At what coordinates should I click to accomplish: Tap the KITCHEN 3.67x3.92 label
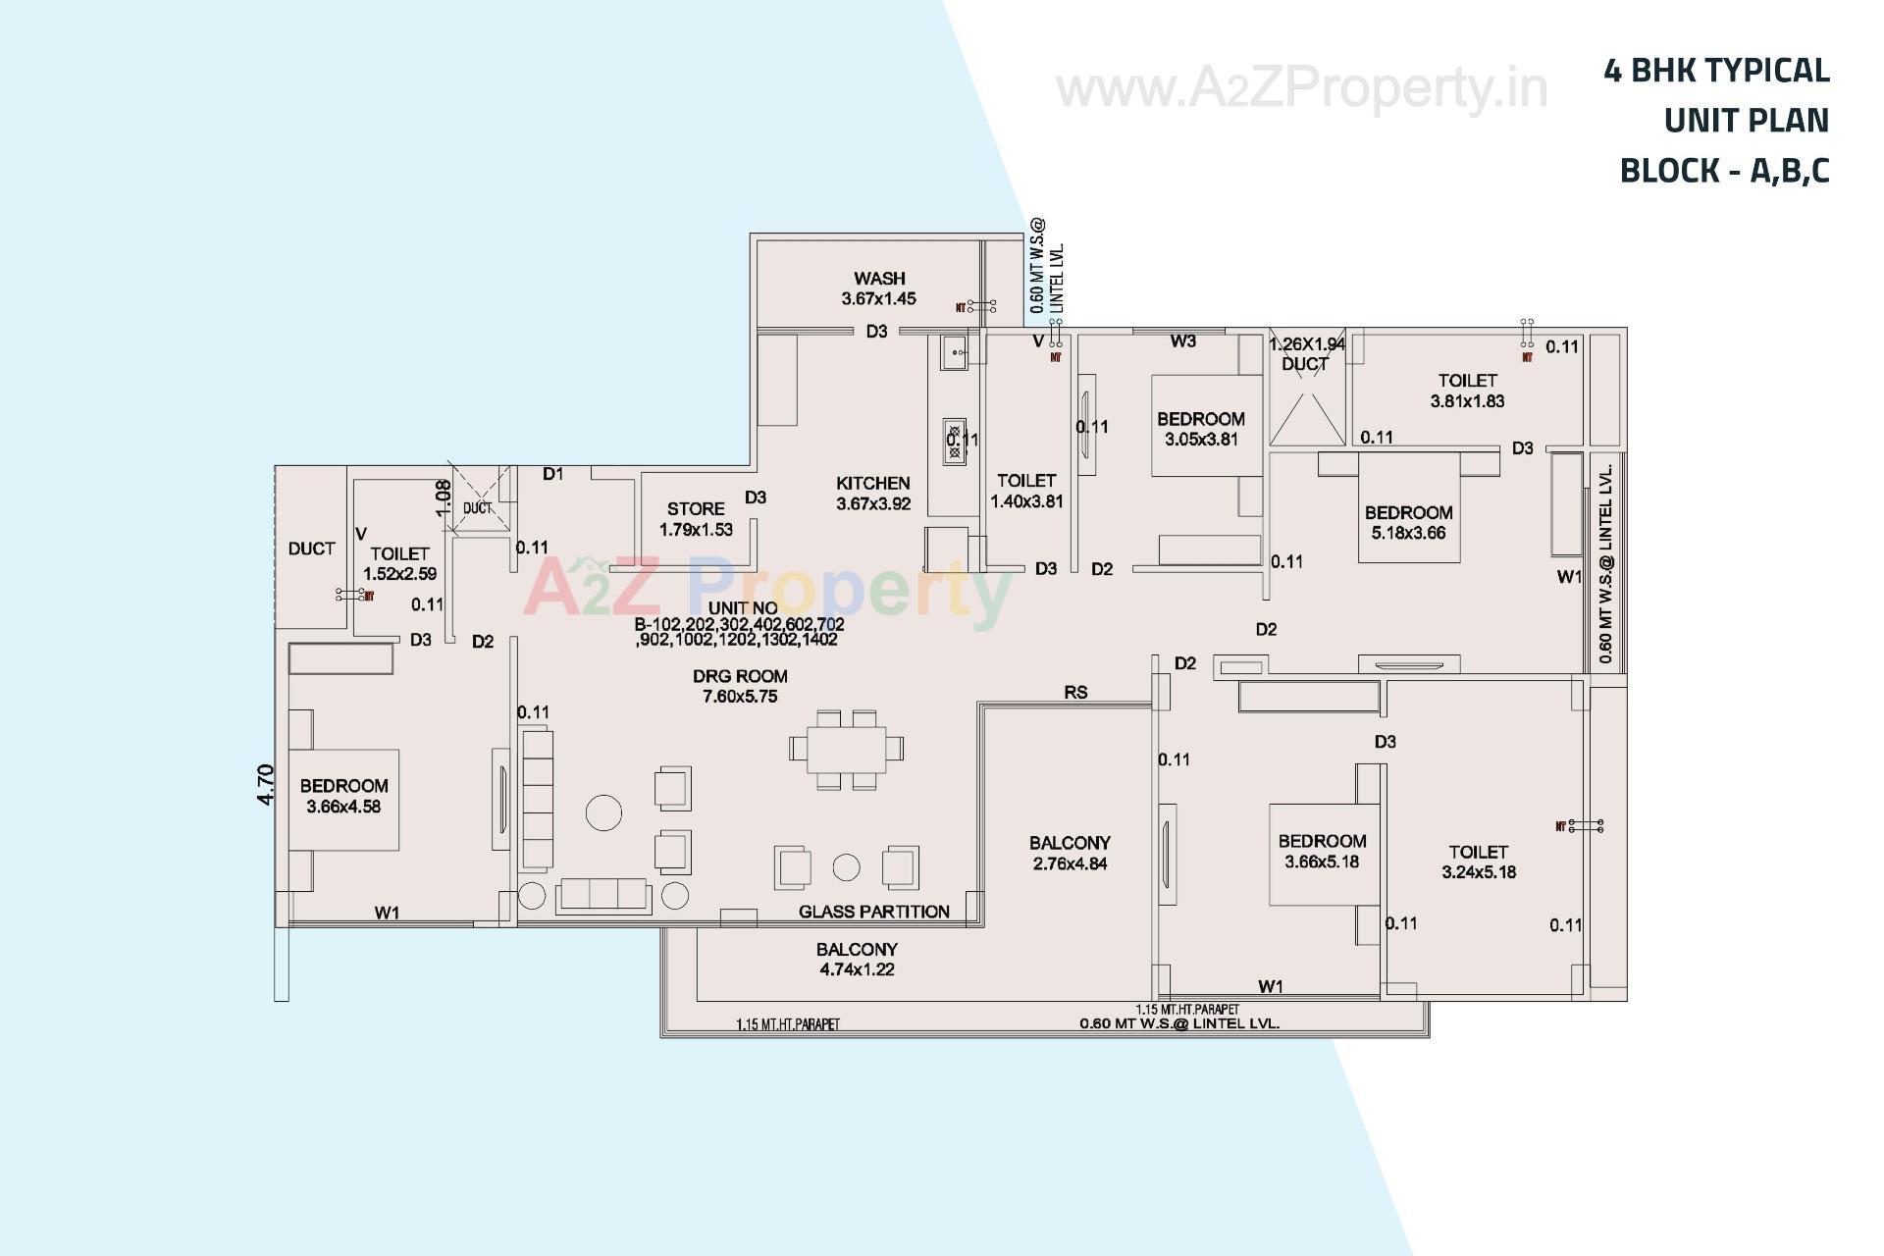872,494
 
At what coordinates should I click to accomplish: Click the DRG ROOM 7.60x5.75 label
740,686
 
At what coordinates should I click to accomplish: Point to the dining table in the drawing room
846,749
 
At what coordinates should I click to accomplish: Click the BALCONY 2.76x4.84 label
1070,853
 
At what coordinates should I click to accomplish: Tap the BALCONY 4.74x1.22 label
857,960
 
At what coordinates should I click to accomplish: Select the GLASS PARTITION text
873,912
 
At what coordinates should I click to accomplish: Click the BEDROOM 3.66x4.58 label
343,796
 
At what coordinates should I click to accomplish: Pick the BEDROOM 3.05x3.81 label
1200,429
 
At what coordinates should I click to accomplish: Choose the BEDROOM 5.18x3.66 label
1408,522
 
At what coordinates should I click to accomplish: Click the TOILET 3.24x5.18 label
1478,862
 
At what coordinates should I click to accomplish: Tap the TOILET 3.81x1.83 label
1467,391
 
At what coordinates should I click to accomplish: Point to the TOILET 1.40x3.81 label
1026,491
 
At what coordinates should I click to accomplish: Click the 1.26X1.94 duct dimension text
1306,344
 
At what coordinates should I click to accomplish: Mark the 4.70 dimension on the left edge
266,785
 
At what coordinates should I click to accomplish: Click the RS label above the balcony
1075,693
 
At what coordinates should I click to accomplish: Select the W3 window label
1182,341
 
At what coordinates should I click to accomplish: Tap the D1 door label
553,475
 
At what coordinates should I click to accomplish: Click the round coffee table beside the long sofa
603,812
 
